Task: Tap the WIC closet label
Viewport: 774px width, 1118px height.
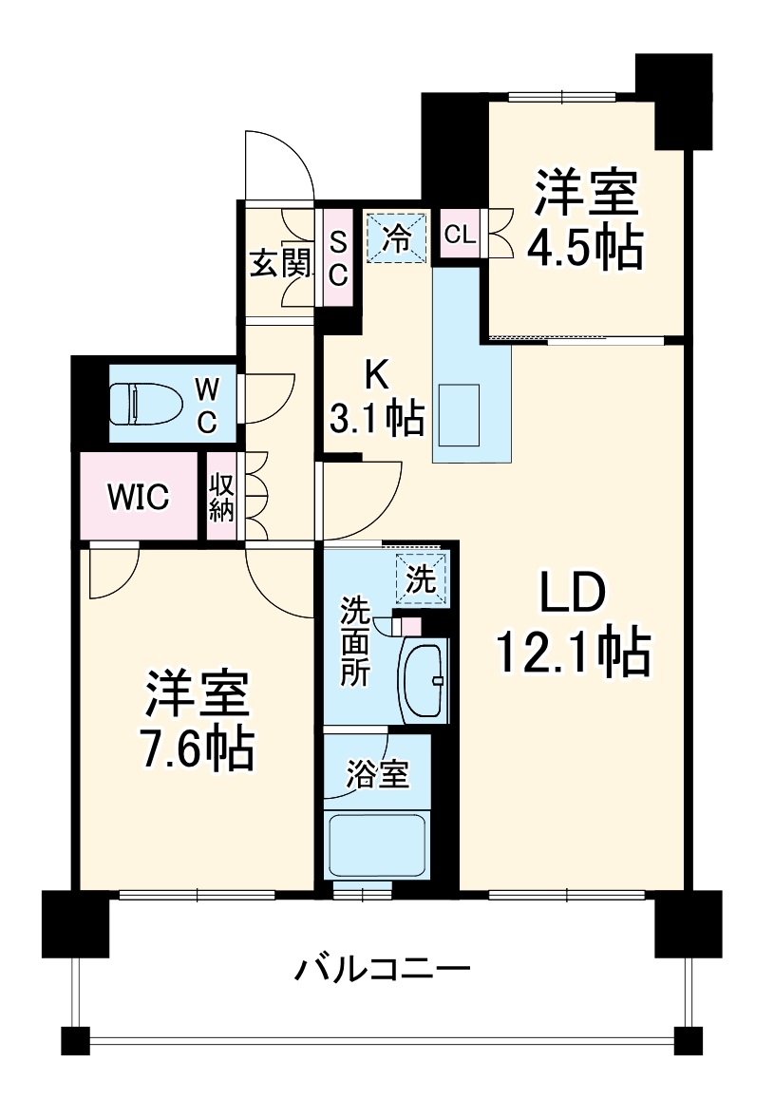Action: (139, 495)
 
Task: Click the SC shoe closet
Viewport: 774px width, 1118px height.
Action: (337, 258)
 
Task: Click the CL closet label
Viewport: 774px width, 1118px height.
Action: (460, 235)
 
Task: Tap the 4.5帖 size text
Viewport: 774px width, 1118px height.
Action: (584, 249)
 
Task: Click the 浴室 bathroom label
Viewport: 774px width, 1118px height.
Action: (377, 774)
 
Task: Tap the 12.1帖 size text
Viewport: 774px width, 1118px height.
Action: (573, 654)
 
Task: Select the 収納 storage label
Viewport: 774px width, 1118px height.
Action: (221, 496)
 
